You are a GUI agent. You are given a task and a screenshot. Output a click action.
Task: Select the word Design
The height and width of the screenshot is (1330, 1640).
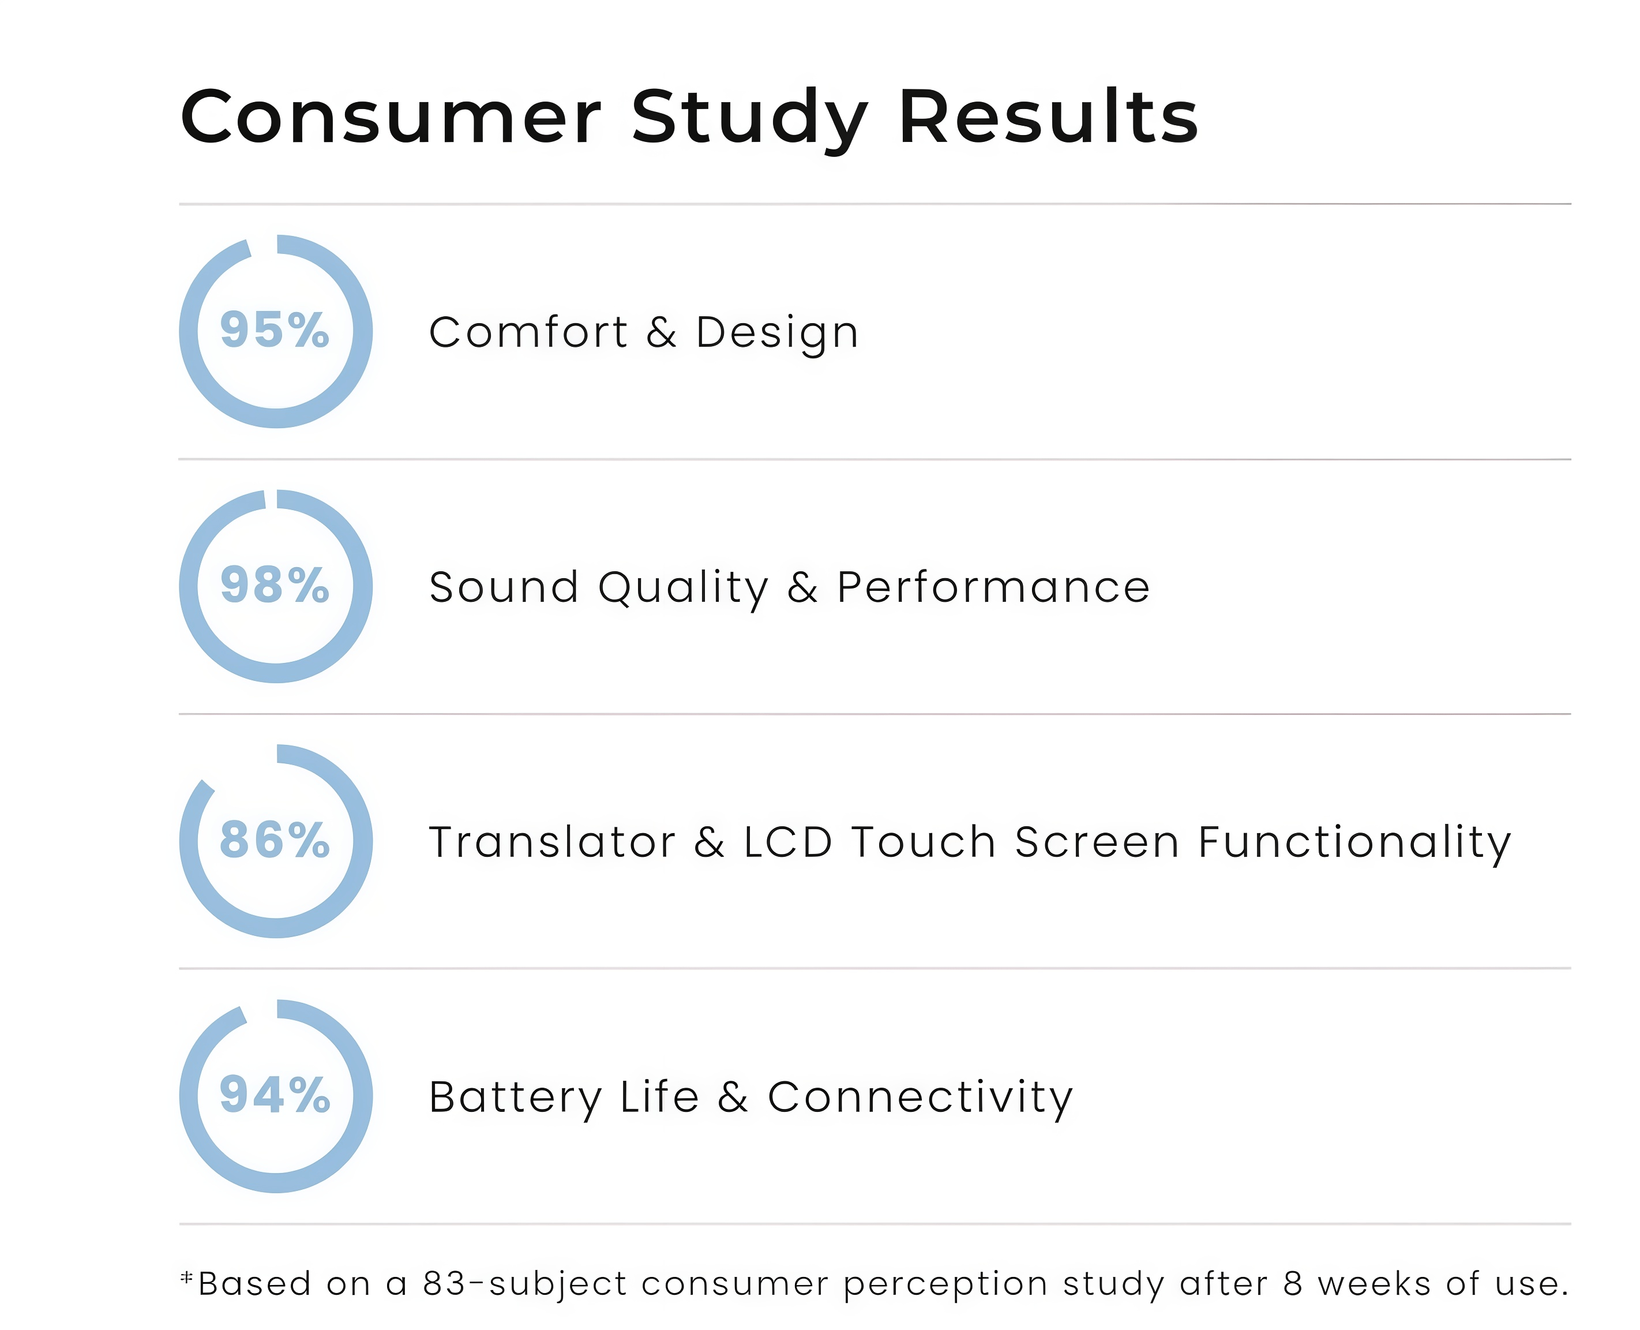[x=776, y=335]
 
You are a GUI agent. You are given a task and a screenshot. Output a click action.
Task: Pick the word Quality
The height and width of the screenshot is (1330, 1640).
[x=683, y=589]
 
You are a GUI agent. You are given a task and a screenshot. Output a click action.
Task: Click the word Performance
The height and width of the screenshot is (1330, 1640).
[x=993, y=587]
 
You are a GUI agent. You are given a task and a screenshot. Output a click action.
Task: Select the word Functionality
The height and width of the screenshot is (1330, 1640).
[x=1355, y=844]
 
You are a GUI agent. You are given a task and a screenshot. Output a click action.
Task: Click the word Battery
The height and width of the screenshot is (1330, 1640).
[x=516, y=1099]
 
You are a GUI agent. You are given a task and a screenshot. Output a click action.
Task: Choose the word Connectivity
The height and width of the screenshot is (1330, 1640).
[x=921, y=1099]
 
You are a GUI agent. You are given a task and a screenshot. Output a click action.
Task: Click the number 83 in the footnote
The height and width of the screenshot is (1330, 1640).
[x=444, y=1284]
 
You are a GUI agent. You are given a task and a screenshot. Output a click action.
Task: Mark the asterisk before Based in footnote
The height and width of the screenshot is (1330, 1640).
[x=186, y=1276]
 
